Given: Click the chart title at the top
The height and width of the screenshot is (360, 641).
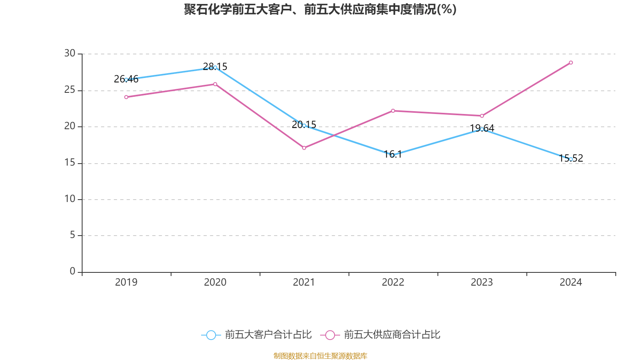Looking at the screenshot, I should click(x=320, y=9).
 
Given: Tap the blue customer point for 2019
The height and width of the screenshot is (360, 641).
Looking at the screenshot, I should click(x=126, y=80).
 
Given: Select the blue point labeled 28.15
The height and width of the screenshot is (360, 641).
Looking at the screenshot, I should click(x=215, y=68).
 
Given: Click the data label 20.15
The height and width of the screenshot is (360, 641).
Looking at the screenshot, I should click(x=304, y=124).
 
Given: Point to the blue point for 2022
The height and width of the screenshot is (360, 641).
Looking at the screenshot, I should click(x=393, y=155).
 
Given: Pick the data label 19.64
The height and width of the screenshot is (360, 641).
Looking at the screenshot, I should click(x=482, y=128).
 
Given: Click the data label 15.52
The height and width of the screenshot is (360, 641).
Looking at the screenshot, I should click(x=571, y=158).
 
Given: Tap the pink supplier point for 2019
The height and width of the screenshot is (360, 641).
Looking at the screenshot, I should click(x=126, y=97).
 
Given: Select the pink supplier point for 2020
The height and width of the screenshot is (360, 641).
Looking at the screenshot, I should click(x=215, y=84).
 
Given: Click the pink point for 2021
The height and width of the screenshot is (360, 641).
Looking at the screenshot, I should click(x=304, y=148).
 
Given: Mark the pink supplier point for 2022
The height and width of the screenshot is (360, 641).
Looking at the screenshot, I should click(x=393, y=111).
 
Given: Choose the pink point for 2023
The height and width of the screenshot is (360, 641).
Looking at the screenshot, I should click(x=482, y=116).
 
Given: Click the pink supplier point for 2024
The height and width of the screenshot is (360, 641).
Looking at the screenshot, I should click(x=571, y=63).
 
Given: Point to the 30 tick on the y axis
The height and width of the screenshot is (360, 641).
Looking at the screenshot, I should click(x=70, y=54).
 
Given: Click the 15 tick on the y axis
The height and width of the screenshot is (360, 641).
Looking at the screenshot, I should click(x=70, y=163).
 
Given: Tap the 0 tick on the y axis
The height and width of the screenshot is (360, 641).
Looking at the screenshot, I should click(x=72, y=272).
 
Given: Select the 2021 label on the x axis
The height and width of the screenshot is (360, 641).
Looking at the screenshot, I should click(x=304, y=282).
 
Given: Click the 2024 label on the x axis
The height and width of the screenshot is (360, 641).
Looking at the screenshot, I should click(x=571, y=282).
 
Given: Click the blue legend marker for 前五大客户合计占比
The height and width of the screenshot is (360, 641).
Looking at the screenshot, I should click(x=211, y=335).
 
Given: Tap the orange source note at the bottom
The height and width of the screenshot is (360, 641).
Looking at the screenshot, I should click(x=320, y=356).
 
